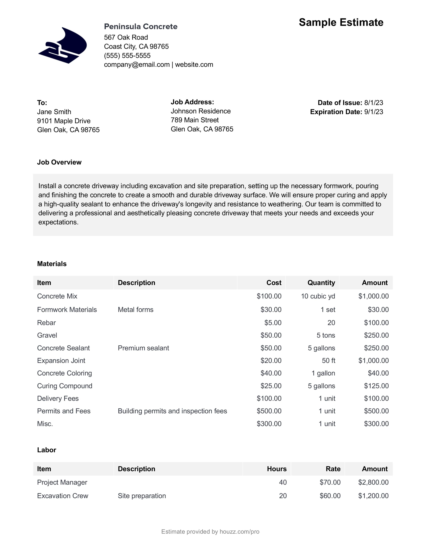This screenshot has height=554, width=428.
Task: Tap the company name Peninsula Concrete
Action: coord(140,26)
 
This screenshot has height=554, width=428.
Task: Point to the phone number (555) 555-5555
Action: coord(127,56)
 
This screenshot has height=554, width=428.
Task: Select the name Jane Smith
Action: coord(54,112)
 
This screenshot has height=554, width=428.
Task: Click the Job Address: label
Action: coord(192,102)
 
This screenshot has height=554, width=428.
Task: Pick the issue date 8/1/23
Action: coord(373,103)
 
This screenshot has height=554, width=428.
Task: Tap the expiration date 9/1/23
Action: coord(373,112)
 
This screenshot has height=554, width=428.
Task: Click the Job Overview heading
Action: coord(59,162)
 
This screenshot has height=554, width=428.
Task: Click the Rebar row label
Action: coord(46,323)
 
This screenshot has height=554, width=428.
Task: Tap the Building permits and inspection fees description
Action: coord(172,411)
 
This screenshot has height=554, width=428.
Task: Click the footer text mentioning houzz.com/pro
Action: coord(210,532)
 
